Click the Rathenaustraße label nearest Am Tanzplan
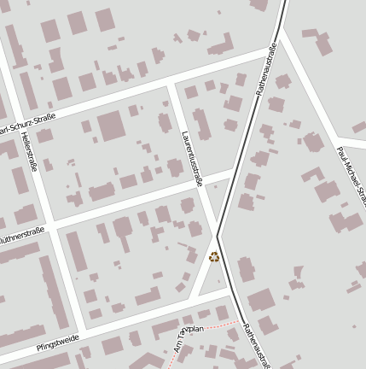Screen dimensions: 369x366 point(255,345)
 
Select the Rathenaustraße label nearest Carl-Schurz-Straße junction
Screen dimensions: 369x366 point(266,68)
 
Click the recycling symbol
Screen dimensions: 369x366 point(213,256)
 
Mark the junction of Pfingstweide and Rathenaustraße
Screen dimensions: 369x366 point(232,291)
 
